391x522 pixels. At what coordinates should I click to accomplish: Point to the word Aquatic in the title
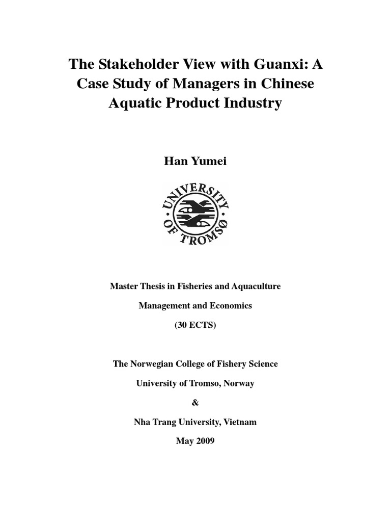[x=134, y=103]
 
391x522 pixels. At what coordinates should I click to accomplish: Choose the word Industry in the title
[x=251, y=103]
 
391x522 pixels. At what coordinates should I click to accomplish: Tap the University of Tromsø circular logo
[x=195, y=214]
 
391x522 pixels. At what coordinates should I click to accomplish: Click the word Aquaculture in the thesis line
[x=256, y=286]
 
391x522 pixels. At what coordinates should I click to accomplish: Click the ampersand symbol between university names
[x=195, y=403]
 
